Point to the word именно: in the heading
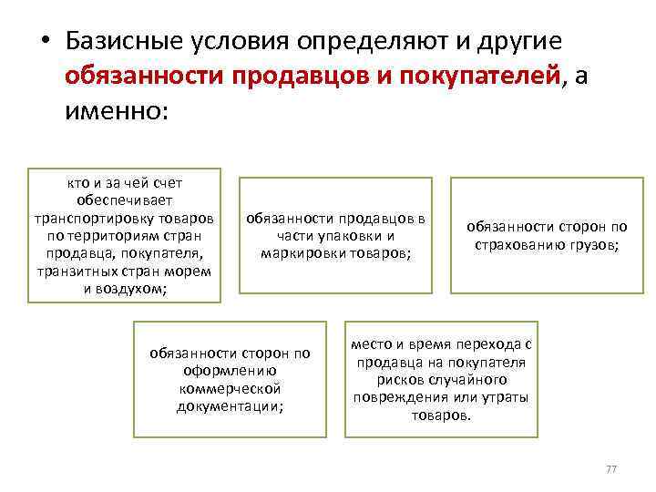[x=118, y=112]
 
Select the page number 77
[x=611, y=469]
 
